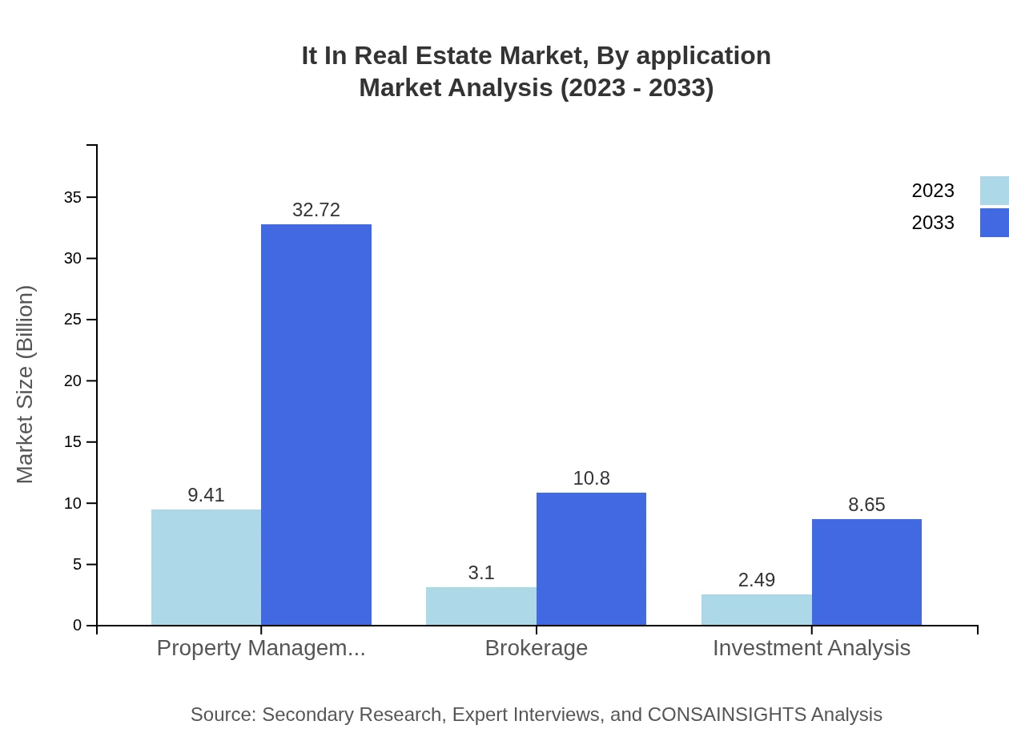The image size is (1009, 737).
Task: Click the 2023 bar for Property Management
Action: pos(206,567)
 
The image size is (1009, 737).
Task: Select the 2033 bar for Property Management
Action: pos(316,425)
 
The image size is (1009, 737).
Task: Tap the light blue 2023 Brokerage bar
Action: pos(480,606)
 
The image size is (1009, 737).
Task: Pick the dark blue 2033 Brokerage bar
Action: pos(591,558)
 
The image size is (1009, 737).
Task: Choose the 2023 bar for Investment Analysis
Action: pos(756,610)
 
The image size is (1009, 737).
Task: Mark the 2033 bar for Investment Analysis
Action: pos(866,572)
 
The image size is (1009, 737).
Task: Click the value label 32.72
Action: pos(316,210)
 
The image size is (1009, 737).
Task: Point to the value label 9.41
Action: pos(206,495)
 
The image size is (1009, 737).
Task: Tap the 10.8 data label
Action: pos(591,478)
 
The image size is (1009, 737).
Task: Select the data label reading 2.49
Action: pos(756,580)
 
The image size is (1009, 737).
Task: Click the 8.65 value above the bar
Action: pos(866,505)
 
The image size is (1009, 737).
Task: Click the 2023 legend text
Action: pos(933,191)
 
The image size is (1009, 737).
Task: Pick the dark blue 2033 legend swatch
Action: pos(994,223)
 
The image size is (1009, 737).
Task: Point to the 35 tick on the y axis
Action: pos(73,197)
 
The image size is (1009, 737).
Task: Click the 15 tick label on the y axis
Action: pos(73,442)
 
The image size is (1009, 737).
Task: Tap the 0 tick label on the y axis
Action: pos(77,626)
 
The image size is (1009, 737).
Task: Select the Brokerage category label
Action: pos(536,647)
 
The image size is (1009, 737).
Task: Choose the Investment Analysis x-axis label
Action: pos(811,647)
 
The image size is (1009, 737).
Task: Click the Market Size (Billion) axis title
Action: pos(25,385)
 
